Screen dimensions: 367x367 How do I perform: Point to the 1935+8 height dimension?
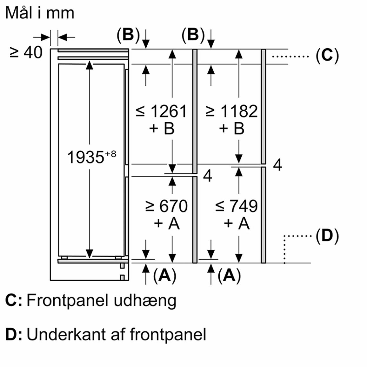91,157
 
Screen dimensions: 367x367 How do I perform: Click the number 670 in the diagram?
173,206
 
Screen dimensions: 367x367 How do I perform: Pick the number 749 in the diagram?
244,206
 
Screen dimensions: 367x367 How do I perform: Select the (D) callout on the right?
327,236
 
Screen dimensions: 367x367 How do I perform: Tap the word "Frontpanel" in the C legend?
67,301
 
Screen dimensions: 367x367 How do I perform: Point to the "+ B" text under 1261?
162,129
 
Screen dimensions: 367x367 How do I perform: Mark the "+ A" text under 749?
237,224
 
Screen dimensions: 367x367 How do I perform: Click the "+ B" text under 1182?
232,129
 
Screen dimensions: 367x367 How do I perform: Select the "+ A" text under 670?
167,224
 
